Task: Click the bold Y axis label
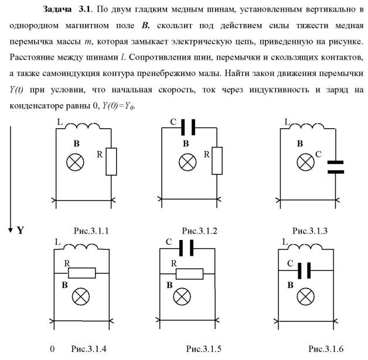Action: pos(20,230)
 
